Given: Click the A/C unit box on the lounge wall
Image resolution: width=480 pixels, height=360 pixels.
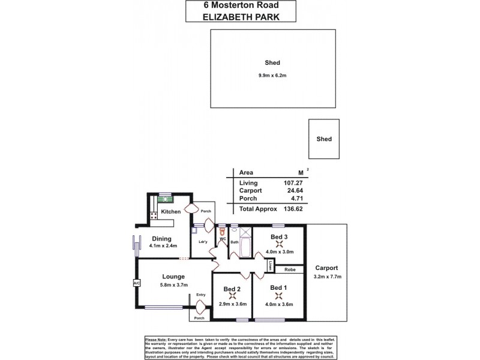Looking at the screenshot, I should coord(136,283).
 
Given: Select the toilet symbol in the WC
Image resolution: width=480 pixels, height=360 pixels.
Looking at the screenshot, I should coord(222,231).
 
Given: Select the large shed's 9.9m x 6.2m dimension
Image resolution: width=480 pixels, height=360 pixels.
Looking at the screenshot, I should coord(273,74).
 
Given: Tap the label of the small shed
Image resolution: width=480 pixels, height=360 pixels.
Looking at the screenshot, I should coord(324,139).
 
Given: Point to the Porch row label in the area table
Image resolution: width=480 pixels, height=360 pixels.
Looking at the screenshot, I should coord(248,199).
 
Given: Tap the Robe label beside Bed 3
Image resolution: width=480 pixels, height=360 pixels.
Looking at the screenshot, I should coord(289,269).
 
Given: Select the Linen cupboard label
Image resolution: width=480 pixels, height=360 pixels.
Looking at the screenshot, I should coord(271,264).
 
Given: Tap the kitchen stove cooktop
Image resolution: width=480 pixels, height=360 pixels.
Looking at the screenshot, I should coord(154,215).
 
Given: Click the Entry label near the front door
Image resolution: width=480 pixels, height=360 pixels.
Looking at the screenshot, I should coord(200,295).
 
